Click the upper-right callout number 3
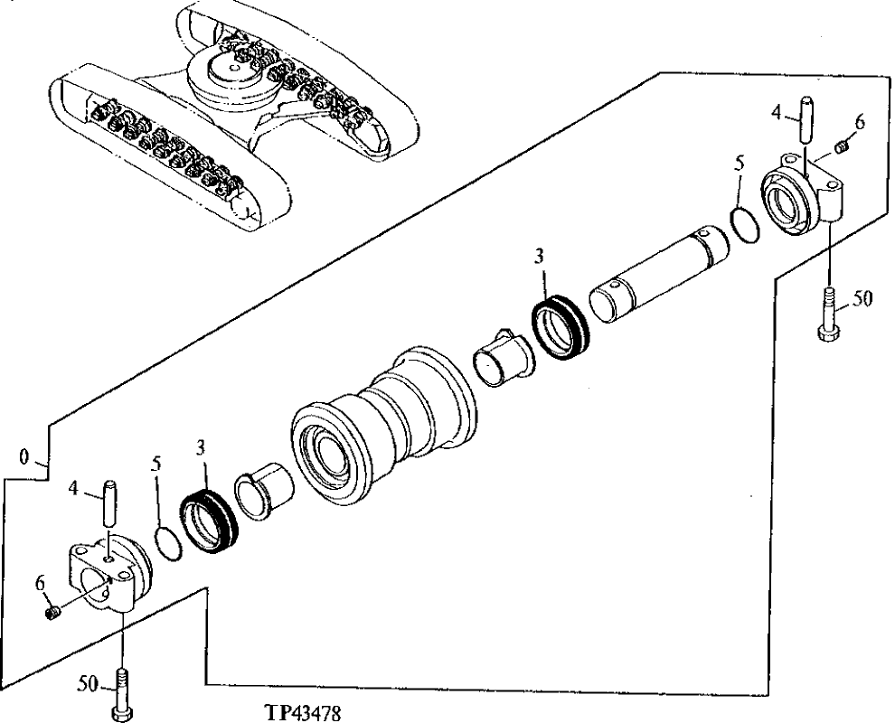click(x=540, y=256)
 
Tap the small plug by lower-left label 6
click(x=52, y=614)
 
